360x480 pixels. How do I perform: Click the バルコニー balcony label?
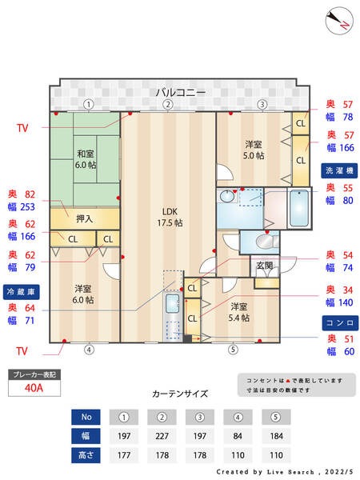180,92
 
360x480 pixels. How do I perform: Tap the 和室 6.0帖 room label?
86,158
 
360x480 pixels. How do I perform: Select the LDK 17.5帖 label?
169,217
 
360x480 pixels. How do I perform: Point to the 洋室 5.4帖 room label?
238,312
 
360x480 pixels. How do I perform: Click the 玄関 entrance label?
264,266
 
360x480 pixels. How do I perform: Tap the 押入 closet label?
84,218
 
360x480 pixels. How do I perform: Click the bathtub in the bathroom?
301,209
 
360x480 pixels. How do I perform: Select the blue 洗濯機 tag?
340,172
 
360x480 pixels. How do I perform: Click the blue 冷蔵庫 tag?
21,290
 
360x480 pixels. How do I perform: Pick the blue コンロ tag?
340,322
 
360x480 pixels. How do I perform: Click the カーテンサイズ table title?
180,394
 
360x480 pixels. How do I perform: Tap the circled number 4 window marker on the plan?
89,349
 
